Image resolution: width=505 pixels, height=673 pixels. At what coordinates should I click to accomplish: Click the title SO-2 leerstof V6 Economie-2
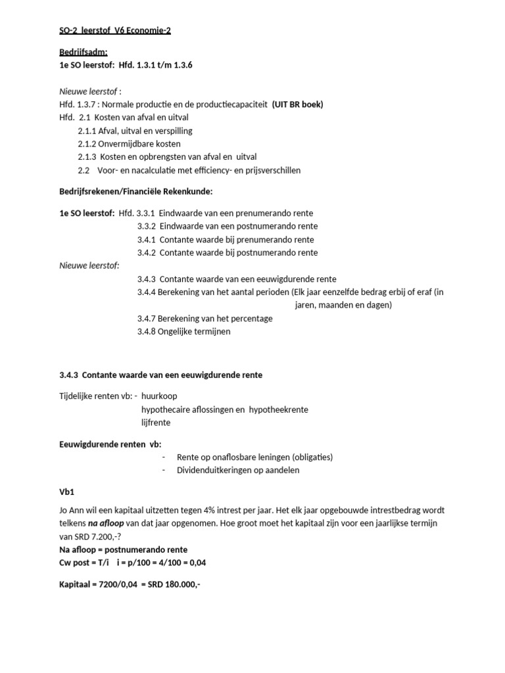tap(111, 30)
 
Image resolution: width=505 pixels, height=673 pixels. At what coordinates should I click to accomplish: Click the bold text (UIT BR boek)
tap(297, 104)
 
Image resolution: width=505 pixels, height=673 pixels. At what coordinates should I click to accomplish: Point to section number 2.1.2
tap(87, 144)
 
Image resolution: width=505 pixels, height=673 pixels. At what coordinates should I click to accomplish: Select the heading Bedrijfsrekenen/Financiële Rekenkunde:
tap(136, 191)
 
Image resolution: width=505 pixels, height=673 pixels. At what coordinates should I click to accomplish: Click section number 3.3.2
tap(147, 226)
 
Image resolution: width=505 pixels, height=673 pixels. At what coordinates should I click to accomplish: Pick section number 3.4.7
tap(147, 318)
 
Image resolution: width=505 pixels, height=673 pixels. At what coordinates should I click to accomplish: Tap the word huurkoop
tap(159, 396)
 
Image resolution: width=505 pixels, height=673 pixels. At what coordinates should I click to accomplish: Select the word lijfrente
tap(156, 423)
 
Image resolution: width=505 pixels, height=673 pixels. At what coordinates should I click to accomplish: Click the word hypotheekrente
tap(277, 409)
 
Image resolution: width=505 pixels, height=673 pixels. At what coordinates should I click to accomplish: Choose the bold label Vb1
tap(66, 491)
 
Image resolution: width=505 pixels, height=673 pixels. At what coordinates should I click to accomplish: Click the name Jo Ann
tap(71, 511)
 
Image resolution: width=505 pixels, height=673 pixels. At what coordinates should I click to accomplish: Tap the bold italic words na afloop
tap(107, 524)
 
